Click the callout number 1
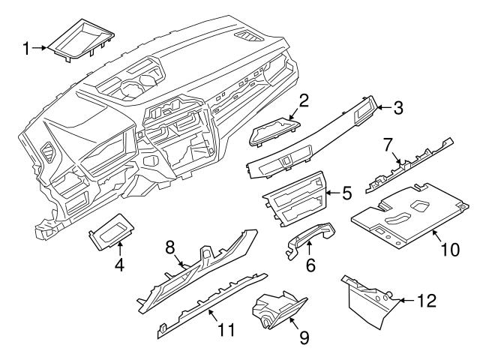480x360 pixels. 25,49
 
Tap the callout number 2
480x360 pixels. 303,100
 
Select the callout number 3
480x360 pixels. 397,108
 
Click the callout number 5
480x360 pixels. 346,193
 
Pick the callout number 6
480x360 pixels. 310,264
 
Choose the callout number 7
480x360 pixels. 388,142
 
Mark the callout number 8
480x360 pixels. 170,246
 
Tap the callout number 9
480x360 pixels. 303,338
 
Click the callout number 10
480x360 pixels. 448,248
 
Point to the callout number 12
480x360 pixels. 425,301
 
